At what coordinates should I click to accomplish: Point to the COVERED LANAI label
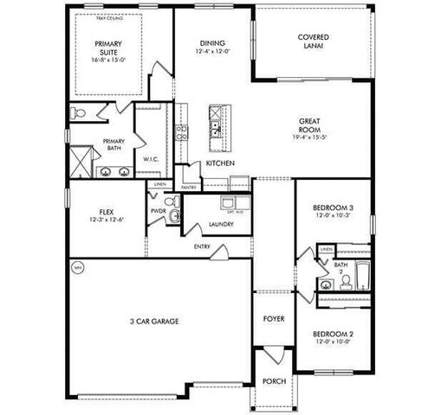(313, 42)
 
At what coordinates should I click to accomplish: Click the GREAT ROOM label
(312, 125)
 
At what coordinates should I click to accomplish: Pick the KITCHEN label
(220, 164)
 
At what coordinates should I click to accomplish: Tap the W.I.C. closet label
(149, 159)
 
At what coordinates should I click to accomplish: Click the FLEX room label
(107, 211)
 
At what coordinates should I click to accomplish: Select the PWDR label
(158, 210)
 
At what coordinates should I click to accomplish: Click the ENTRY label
(202, 246)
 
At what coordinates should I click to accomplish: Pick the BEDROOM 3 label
(334, 207)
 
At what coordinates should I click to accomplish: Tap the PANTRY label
(188, 187)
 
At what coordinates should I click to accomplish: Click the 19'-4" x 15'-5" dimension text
(312, 137)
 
